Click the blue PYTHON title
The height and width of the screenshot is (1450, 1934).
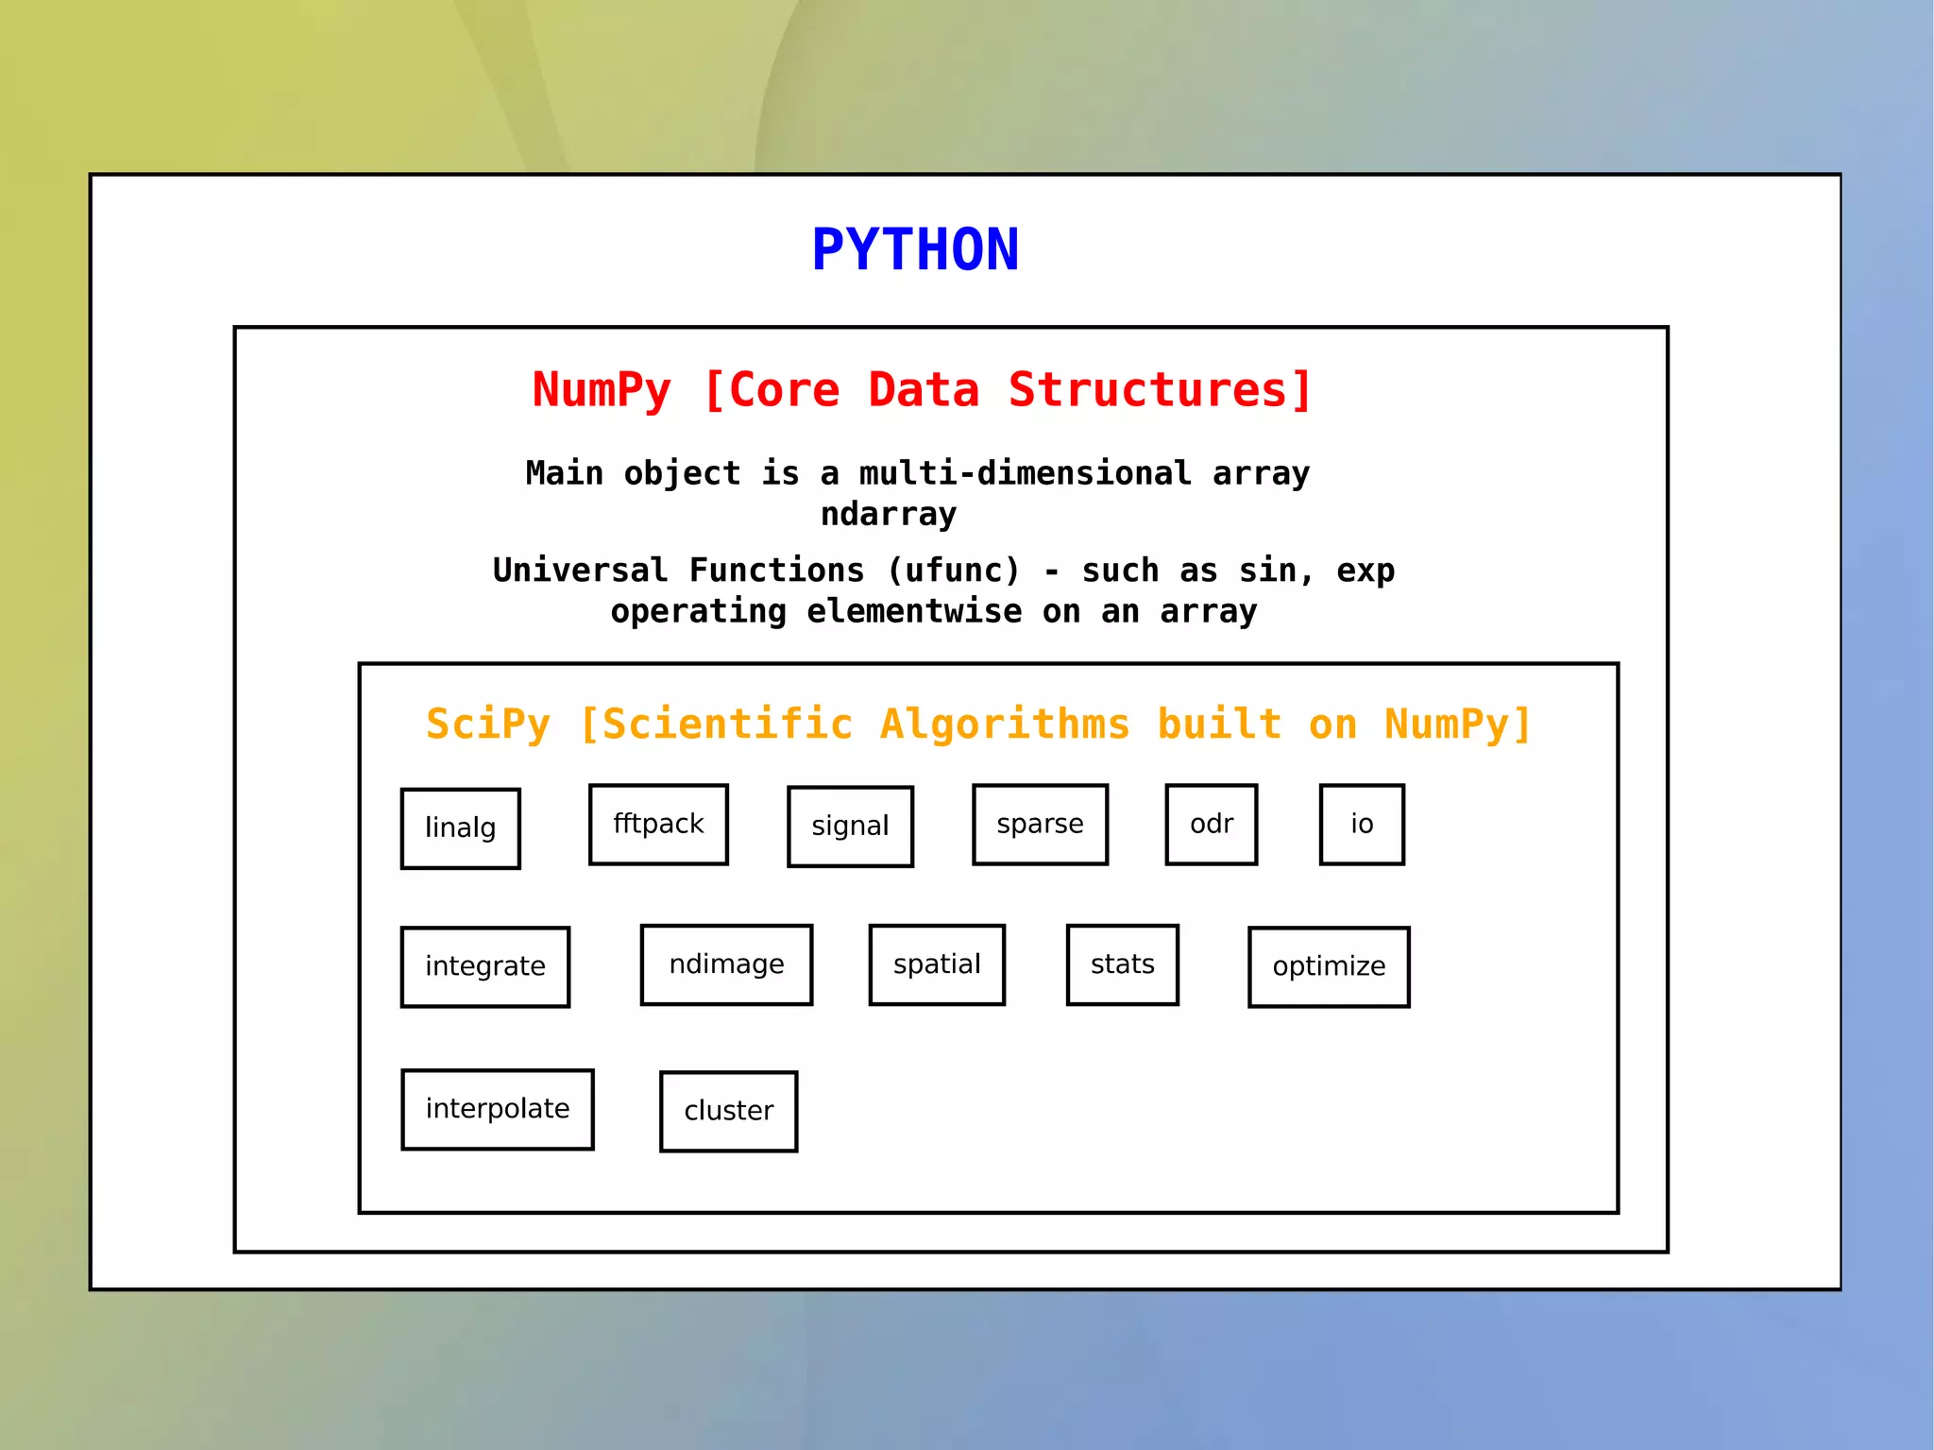915,250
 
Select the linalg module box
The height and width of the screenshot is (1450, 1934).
461,828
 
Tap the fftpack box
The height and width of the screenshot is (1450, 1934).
658,825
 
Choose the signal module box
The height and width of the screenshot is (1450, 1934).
850,827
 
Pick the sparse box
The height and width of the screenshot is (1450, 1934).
1040,825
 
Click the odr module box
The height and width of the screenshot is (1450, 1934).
1212,825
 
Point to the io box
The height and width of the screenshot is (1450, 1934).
1362,825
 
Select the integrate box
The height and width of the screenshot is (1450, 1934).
485,967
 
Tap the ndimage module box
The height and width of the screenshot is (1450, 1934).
726,964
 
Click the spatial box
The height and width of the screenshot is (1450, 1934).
937,964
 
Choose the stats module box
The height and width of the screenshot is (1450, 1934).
1123,964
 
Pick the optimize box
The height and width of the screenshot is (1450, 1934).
1329,967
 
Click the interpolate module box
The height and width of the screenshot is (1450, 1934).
498,1109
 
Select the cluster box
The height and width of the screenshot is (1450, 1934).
728,1112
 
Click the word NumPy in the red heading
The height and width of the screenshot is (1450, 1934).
602,391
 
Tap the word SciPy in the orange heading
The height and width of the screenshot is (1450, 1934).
487,725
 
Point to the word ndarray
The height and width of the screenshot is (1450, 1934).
889,515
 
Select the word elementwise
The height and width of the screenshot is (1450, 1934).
914,612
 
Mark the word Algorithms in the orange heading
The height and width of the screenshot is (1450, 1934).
1005,725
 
